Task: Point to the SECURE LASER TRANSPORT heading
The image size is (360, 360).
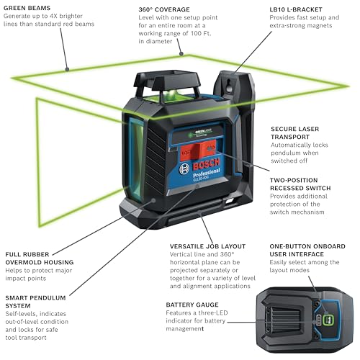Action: click(x=296, y=132)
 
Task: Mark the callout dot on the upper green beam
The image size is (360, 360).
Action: click(x=66, y=70)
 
